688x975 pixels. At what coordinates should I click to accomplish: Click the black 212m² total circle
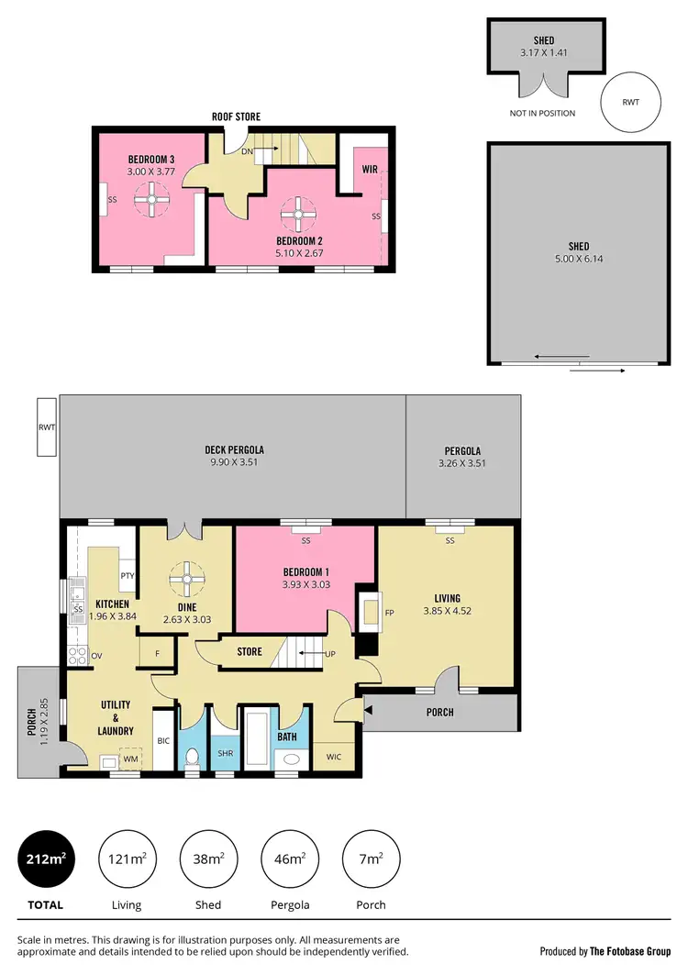[x=45, y=859]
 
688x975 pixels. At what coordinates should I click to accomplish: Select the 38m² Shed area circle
[x=209, y=859]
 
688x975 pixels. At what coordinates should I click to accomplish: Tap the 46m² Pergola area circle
[x=290, y=859]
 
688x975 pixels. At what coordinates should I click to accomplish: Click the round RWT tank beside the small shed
[x=631, y=103]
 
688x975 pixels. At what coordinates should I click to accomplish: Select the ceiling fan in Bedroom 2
[x=297, y=215]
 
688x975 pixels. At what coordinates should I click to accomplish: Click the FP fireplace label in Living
[x=389, y=613]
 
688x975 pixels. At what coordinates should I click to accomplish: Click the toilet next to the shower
[x=193, y=759]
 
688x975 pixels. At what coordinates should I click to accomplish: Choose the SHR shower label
[x=225, y=753]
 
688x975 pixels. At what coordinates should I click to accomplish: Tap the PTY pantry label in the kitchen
[x=128, y=575]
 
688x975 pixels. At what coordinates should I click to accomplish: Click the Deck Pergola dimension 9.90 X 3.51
[x=234, y=463]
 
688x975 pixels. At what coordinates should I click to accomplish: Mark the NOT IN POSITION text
[x=542, y=114]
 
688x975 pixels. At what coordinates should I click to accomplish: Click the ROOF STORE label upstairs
[x=238, y=116]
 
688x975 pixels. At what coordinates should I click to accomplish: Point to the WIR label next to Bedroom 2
[x=371, y=170]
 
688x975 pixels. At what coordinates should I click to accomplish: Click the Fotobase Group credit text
[x=605, y=950]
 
